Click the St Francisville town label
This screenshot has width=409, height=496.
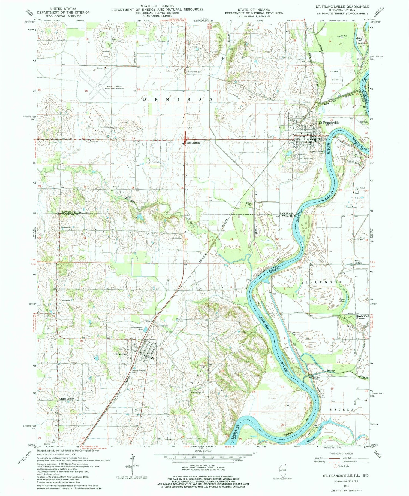pos(329,123)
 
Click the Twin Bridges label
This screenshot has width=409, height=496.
pos(359,262)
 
